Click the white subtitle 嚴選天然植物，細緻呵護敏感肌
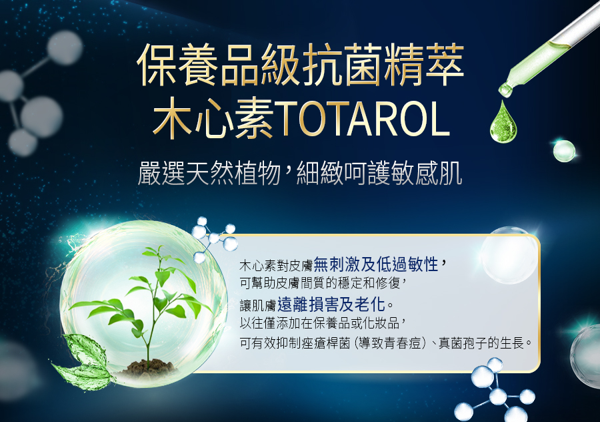[x=300, y=174]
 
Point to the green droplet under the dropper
[x=503, y=122]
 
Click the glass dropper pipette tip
[x=505, y=90]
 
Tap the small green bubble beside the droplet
[x=564, y=151]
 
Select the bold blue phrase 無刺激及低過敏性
[x=376, y=264]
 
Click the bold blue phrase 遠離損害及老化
[x=331, y=304]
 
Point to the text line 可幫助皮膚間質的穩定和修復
[x=319, y=283]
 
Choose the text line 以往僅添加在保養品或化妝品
[x=319, y=323]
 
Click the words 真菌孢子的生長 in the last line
[x=481, y=343]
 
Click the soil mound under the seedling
[x=147, y=367]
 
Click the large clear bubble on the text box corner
[x=509, y=255]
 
